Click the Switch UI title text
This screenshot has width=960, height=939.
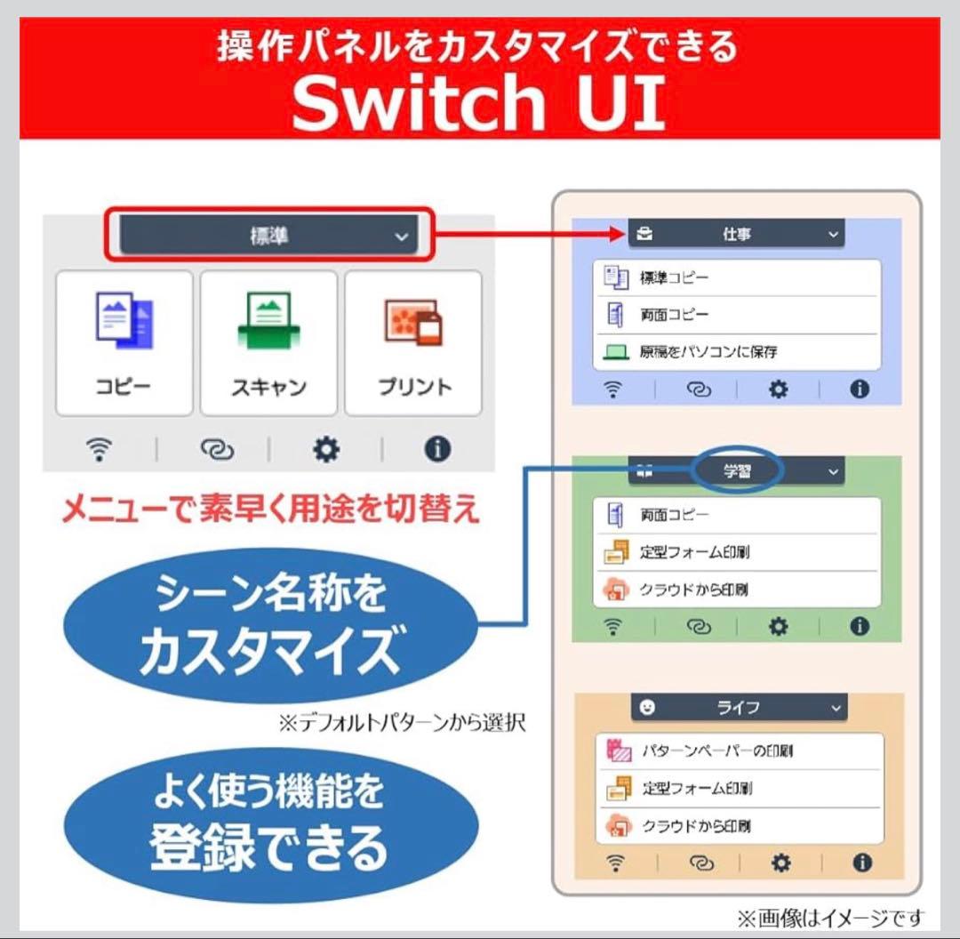(479, 101)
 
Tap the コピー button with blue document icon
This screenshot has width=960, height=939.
(124, 343)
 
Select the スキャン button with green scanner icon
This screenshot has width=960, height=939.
(268, 343)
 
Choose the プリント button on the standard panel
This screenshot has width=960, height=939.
(413, 343)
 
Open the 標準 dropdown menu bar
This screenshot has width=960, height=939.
(268, 235)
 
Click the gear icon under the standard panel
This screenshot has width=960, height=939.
(326, 450)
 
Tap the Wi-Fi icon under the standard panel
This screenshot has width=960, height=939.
(100, 449)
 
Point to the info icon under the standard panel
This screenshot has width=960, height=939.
(437, 449)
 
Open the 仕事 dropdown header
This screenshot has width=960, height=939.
(737, 233)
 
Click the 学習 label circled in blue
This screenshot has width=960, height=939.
(737, 470)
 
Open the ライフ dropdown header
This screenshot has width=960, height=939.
(739, 708)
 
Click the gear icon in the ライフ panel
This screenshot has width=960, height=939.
(780, 863)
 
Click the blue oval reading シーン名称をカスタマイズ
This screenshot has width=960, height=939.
(270, 624)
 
